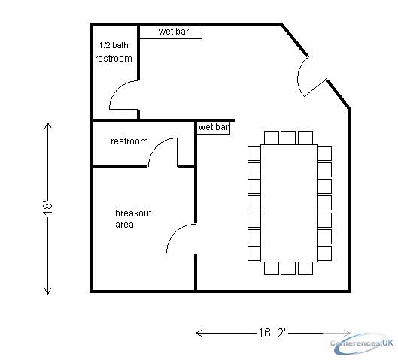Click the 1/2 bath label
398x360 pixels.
tap(113, 45)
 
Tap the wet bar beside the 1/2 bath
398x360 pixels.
tap(171, 32)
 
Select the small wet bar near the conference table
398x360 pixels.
tap(214, 128)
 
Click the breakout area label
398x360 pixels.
tap(133, 219)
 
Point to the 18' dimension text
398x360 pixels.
tap(47, 208)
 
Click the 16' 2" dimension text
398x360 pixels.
tap(273, 333)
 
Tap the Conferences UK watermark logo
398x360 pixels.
tap(362, 343)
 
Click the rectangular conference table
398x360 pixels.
tap(289, 203)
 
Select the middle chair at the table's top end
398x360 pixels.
tap(288, 138)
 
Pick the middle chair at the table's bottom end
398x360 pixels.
tap(288, 268)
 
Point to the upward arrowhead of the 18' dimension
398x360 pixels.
tap(47, 125)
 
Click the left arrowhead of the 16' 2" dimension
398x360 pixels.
tap(199, 333)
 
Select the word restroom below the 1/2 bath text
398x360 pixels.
tap(114, 59)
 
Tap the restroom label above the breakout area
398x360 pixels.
tap(129, 141)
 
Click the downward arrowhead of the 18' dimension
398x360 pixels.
tap(47, 292)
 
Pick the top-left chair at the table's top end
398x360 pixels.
tap(272, 138)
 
